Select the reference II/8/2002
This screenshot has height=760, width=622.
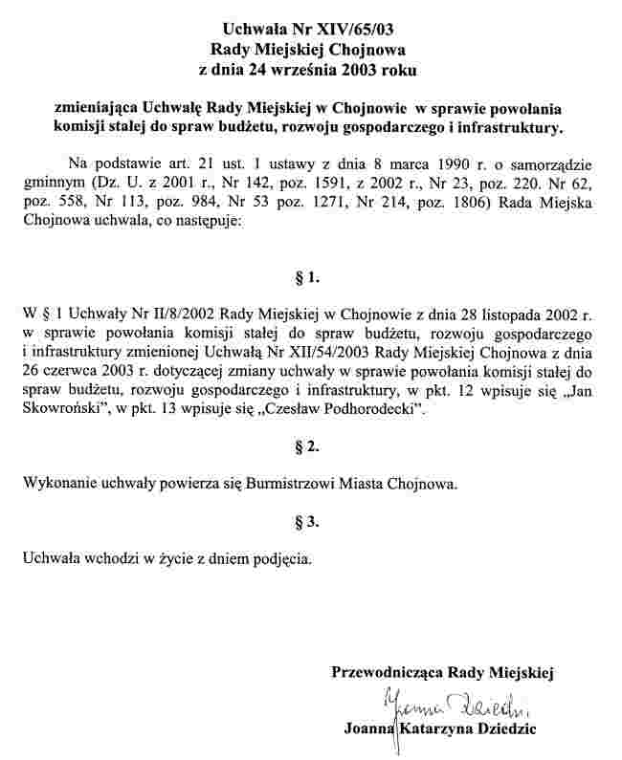[x=175, y=313]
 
